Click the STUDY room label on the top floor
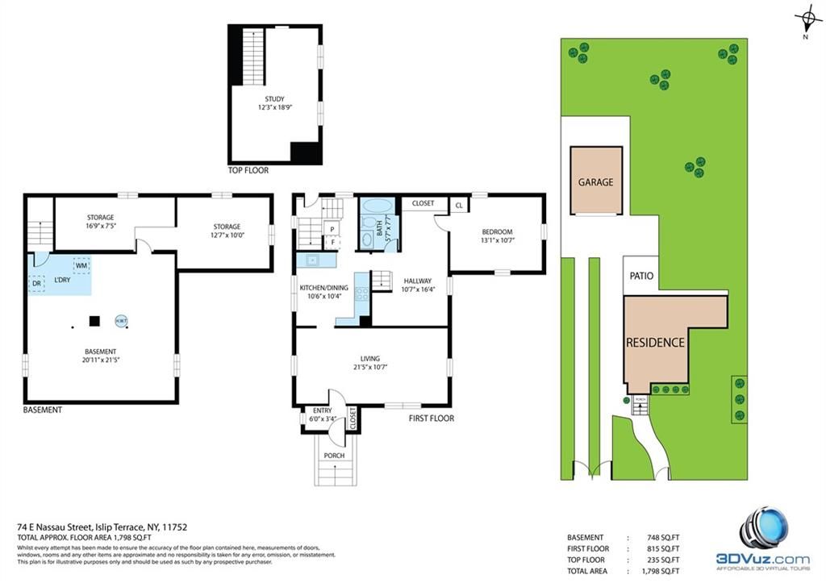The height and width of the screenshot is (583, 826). point(276,98)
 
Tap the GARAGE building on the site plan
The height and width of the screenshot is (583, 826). point(595,181)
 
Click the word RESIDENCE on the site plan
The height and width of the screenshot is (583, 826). point(655,342)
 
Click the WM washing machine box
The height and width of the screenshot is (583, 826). point(81,264)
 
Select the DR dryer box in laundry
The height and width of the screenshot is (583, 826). point(37,284)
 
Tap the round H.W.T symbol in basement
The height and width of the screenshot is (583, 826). point(121,320)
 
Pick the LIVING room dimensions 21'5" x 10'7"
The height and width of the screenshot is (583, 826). point(370,369)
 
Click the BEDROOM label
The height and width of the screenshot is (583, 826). point(497,231)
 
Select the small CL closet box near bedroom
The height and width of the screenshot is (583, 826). point(458,206)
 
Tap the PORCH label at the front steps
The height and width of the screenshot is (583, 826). point(334,456)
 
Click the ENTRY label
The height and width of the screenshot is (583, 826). point(321,410)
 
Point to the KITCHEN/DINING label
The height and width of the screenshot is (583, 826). point(323,288)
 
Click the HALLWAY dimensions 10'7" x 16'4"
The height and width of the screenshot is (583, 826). point(417,289)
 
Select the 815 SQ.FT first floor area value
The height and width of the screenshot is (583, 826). point(660,548)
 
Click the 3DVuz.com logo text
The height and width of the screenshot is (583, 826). point(763,558)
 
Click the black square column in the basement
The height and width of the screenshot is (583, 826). point(94,321)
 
